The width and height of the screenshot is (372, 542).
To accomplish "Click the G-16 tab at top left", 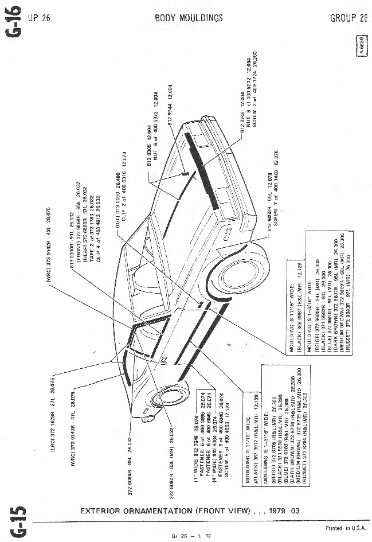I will click(x=15, y=20).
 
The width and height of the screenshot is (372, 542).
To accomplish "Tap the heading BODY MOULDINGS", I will click(x=189, y=18).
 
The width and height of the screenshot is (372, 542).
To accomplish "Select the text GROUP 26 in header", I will click(x=348, y=18).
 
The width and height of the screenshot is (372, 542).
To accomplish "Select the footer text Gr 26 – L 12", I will click(x=191, y=536).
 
